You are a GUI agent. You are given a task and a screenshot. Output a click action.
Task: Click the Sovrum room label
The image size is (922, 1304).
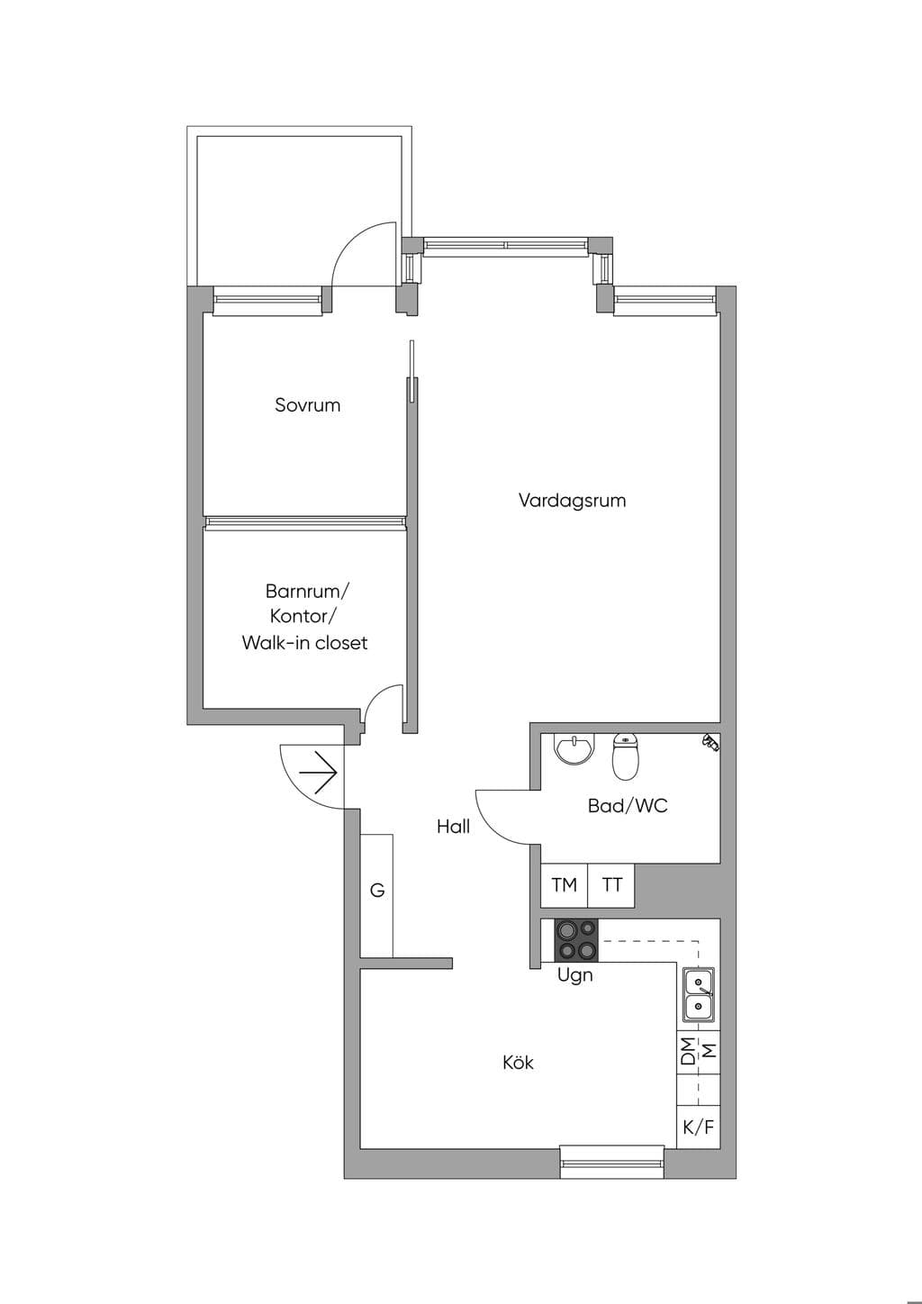tap(307, 405)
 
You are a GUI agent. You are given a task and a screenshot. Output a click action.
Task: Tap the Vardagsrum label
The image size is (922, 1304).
tap(572, 501)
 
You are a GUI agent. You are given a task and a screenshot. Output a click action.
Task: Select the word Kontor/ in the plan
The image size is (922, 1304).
tap(303, 617)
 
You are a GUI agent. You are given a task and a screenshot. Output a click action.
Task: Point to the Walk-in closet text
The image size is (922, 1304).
tap(304, 643)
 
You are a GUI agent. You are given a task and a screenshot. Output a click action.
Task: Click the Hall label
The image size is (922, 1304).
tap(453, 827)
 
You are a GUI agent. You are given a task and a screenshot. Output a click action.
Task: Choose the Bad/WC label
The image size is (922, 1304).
tap(628, 806)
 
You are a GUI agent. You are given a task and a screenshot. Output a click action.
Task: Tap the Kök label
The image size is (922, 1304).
tap(518, 1063)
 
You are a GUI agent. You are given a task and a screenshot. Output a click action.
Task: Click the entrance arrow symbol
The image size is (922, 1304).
tap(318, 773)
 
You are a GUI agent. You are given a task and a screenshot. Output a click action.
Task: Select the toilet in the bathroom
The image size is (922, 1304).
tap(626, 756)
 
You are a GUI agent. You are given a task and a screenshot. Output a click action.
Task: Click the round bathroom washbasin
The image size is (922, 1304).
tap(575, 748)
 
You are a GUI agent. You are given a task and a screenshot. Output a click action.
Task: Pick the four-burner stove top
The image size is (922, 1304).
tap(575, 939)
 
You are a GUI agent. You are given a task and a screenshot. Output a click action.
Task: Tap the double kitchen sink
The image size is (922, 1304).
tap(699, 993)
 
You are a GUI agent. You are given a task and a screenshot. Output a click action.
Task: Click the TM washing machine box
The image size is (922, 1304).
tap(564, 885)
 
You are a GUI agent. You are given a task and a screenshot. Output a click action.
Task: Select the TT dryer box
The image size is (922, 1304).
tap(611, 885)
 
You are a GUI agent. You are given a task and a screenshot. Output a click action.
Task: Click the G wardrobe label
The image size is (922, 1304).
tap(377, 890)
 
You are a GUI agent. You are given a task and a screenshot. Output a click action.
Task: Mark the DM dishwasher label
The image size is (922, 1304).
tap(688, 1051)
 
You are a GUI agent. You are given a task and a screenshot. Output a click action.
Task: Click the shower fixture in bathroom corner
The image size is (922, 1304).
tap(710, 743)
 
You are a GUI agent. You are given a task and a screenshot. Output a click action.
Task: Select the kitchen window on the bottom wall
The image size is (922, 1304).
tap(611, 1163)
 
